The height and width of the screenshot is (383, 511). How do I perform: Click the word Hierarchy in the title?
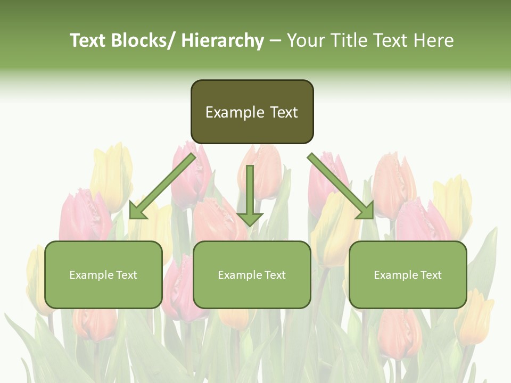coord(222,40)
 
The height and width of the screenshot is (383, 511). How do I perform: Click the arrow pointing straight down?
coord(250,194)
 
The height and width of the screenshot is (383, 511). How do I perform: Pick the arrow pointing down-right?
coord(341,186)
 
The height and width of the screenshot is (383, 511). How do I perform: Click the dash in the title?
coord(275,40)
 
